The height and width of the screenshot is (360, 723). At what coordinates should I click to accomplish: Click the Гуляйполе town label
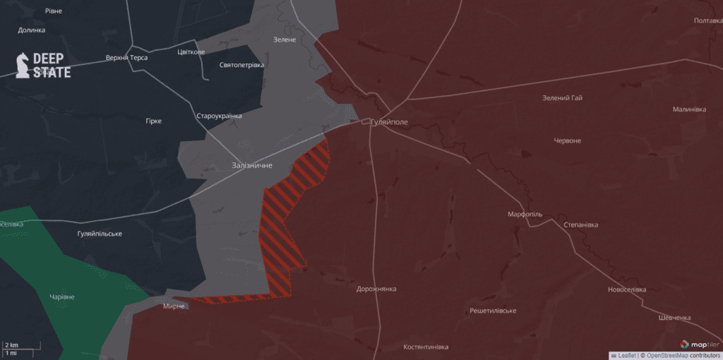389,122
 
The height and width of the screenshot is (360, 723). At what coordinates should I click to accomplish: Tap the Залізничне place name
252,165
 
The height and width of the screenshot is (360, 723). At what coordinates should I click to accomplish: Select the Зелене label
285,40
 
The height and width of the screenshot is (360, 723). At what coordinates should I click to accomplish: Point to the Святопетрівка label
241,65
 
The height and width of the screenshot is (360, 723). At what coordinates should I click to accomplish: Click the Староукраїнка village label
219,116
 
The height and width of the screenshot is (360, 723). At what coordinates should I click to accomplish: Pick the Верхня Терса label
126,58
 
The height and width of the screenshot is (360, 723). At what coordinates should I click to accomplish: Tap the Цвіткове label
191,52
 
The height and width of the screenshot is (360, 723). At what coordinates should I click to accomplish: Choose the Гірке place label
153,121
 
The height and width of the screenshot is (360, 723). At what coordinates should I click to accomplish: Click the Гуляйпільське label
100,234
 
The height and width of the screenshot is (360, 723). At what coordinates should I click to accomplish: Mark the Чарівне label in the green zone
62,297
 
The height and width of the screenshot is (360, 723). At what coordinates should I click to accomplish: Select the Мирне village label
173,306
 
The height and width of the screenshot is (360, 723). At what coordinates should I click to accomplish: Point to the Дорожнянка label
376,289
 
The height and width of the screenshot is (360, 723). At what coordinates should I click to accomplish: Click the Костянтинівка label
426,347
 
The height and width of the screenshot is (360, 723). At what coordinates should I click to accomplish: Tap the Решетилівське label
493,311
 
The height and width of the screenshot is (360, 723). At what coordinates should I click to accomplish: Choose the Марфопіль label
525,214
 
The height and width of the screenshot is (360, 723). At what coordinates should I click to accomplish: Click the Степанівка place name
580,225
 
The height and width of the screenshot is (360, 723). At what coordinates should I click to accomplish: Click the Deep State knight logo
23,65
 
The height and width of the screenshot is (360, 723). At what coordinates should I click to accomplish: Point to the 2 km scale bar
21,346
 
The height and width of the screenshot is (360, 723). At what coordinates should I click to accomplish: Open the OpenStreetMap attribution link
667,356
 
